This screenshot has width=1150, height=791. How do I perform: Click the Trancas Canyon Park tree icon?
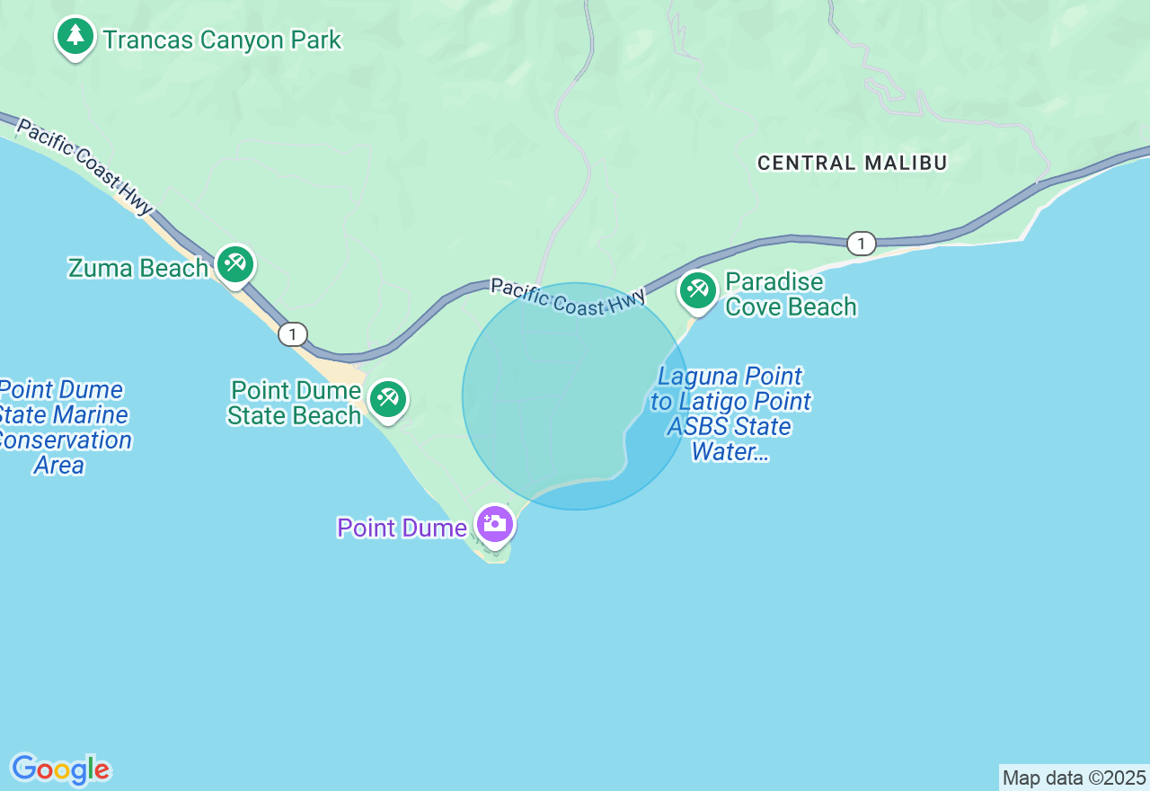coord(75,37)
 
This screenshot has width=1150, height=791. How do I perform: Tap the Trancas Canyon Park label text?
coord(221,40)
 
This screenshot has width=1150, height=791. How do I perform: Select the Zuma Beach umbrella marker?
coord(235,264)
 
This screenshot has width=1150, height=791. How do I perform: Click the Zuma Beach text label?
coord(138,268)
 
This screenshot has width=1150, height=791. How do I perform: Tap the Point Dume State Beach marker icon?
coord(388,398)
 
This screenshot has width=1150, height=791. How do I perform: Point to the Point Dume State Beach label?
coord(295,403)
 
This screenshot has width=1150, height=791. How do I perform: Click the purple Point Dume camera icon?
coord(495,523)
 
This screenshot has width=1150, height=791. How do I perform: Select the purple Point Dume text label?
coord(401,528)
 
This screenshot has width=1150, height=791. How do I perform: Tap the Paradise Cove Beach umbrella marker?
coord(697,289)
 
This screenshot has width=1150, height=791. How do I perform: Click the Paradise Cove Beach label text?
coord(791,295)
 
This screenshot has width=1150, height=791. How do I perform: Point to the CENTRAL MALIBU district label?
coord(852,163)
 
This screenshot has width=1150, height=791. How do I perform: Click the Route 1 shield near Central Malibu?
coord(861,243)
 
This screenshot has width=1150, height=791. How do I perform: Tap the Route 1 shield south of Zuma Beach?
coord(292,334)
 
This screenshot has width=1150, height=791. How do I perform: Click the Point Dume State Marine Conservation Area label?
coord(61,427)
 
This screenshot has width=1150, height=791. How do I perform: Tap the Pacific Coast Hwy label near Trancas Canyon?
coord(84,167)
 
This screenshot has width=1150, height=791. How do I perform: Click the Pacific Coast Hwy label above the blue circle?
coord(568,298)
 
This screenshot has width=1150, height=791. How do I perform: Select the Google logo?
coord(60,769)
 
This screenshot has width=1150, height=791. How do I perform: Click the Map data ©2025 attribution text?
coord(1074,778)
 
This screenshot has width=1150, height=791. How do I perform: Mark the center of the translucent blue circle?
coord(576,396)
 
